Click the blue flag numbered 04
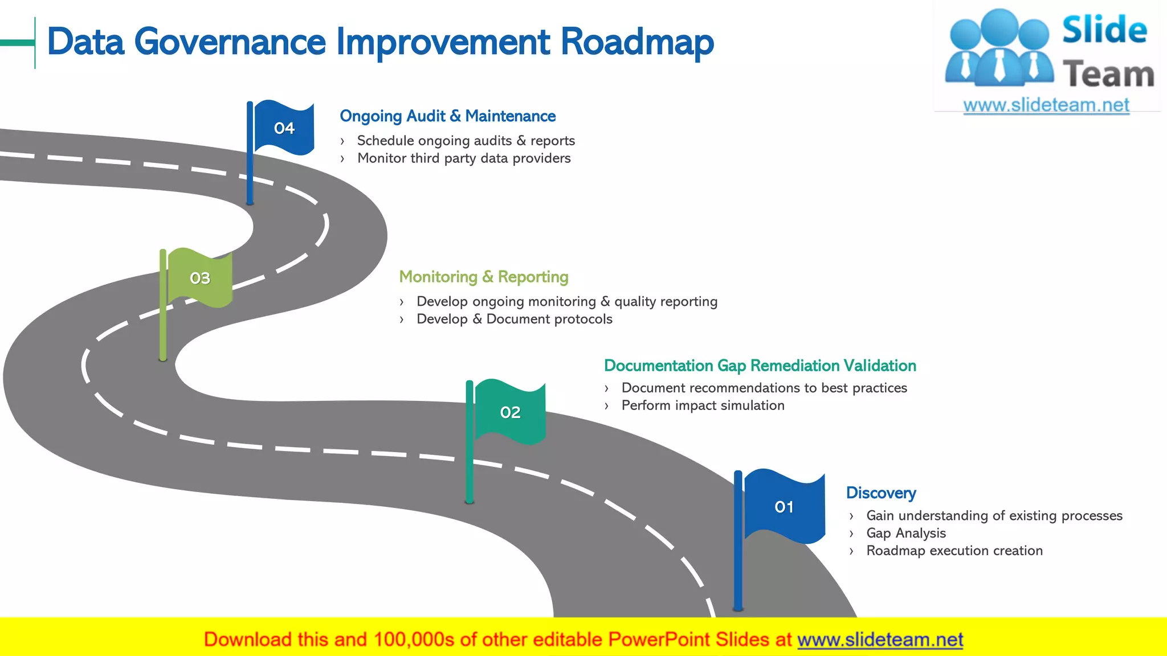283,128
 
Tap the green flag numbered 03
199,278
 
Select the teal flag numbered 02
509,412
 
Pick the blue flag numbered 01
784,506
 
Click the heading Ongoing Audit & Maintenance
447,116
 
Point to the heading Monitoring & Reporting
483,277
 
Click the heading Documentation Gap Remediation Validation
760,366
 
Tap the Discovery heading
880,493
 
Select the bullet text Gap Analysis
905,533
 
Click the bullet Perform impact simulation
703,405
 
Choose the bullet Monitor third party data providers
463,158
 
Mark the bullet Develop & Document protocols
514,319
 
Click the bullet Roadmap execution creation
954,551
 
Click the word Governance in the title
230,42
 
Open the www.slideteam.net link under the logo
1046,105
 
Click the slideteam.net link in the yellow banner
880,639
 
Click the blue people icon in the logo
999,48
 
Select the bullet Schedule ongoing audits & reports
466,141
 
